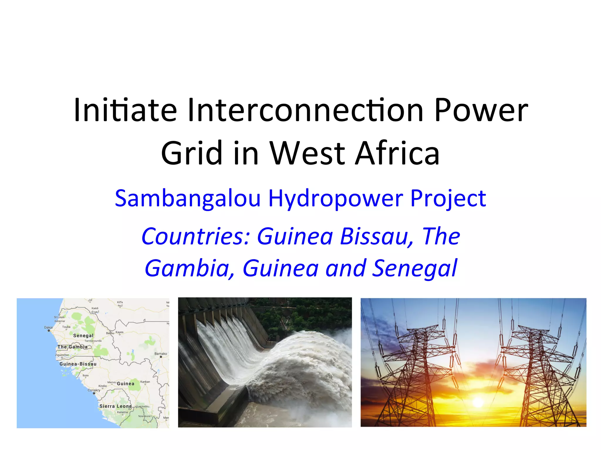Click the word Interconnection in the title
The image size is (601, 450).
pyautogui.click(x=305, y=110)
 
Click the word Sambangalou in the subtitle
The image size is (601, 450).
pyautogui.click(x=188, y=199)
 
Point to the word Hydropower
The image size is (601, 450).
pyautogui.click(x=336, y=199)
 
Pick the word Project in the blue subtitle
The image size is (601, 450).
pyautogui.click(x=448, y=199)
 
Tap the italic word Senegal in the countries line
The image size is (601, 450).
pyautogui.click(x=414, y=268)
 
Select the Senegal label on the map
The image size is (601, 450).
pyautogui.click(x=83, y=335)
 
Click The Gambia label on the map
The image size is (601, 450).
pyautogui.click(x=72, y=347)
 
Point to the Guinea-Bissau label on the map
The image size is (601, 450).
pyautogui.click(x=78, y=364)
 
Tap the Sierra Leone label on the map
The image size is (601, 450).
pyautogui.click(x=116, y=406)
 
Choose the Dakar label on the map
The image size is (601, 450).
pyautogui.click(x=49, y=328)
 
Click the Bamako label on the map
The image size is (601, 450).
pyautogui.click(x=161, y=354)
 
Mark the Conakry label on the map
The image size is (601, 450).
pyautogui.click(x=94, y=390)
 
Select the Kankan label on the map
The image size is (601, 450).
pyautogui.click(x=145, y=382)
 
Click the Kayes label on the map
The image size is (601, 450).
pyautogui.click(x=119, y=332)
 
